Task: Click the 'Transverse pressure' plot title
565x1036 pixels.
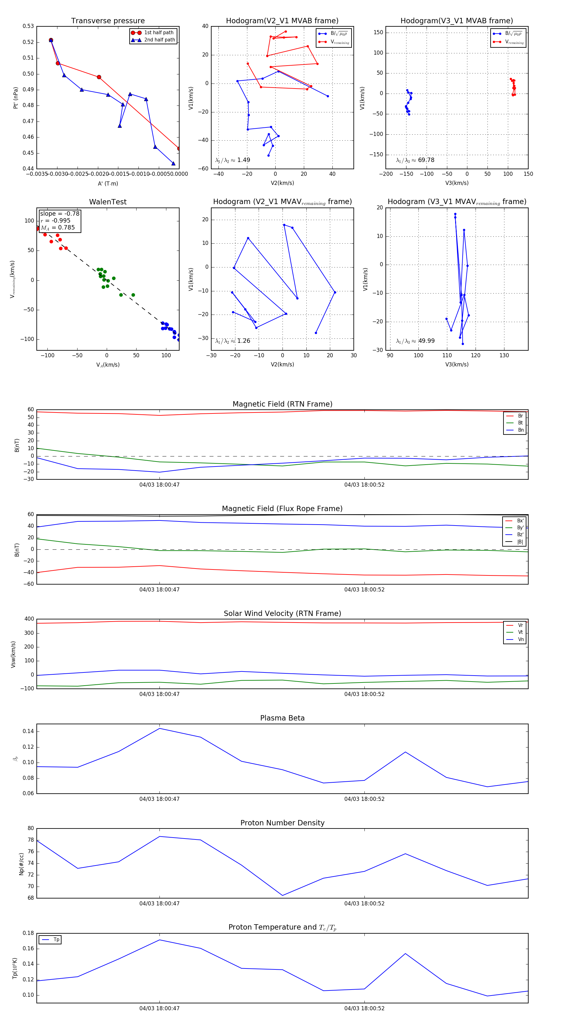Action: [108, 21]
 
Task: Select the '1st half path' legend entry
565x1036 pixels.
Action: [159, 33]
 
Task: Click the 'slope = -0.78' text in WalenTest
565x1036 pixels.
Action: [60, 213]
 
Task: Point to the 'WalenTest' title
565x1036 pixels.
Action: [108, 202]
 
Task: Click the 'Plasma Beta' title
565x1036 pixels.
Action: [282, 718]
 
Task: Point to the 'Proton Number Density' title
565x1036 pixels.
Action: [282, 823]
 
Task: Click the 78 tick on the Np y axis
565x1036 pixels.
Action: [30, 840]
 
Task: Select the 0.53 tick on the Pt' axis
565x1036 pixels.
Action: [28, 26]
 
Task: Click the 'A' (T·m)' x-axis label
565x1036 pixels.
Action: [108, 183]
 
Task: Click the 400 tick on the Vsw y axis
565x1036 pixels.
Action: [29, 619]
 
